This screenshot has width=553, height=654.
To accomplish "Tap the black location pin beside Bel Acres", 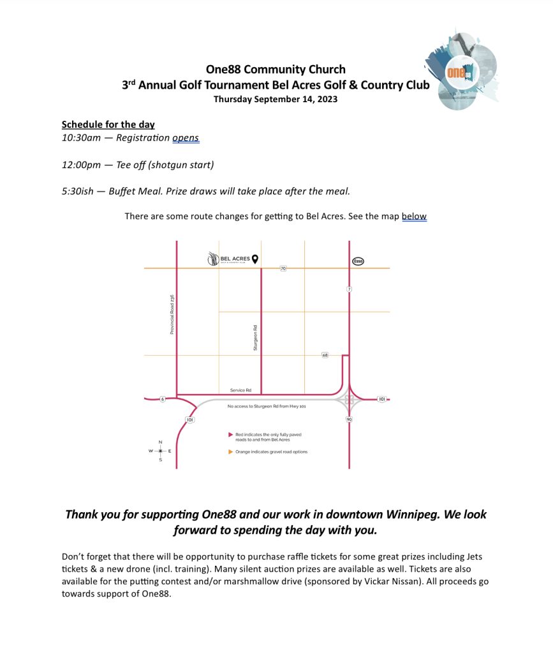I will click(254, 259).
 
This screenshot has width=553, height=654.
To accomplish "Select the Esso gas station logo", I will click(358, 261).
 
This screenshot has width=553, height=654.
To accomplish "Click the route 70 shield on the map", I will click(283, 269).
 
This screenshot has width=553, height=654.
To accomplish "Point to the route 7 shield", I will click(350, 289).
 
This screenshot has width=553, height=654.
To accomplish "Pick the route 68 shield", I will click(325, 354).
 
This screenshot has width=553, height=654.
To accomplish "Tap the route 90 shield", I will click(349, 419).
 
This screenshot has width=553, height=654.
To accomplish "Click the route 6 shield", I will click(162, 399).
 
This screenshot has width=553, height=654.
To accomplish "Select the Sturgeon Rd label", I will click(255, 337).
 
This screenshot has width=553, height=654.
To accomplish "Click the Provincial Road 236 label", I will click(172, 314).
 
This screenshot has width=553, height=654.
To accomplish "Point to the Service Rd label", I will click(240, 390).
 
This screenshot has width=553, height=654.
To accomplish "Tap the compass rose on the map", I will click(160, 451).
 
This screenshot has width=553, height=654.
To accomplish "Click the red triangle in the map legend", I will click(230, 434).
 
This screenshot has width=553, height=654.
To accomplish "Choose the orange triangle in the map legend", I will click(230, 452).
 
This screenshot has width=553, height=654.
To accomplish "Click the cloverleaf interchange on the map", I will click(349, 400).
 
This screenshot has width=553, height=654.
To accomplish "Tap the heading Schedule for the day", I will click(108, 125).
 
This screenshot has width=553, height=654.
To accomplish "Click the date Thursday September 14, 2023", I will click(276, 99).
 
